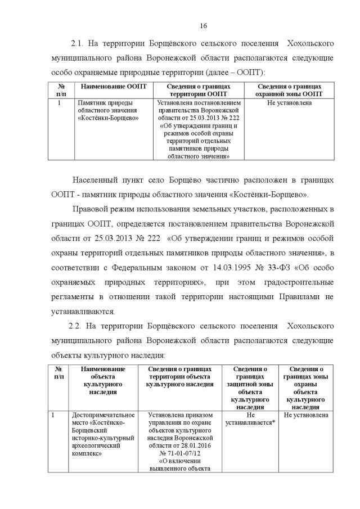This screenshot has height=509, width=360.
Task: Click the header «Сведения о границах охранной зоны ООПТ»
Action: tap(289, 90)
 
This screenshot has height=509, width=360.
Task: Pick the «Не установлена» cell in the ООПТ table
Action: tap(289, 103)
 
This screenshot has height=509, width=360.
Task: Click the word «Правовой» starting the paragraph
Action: tap(89, 210)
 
